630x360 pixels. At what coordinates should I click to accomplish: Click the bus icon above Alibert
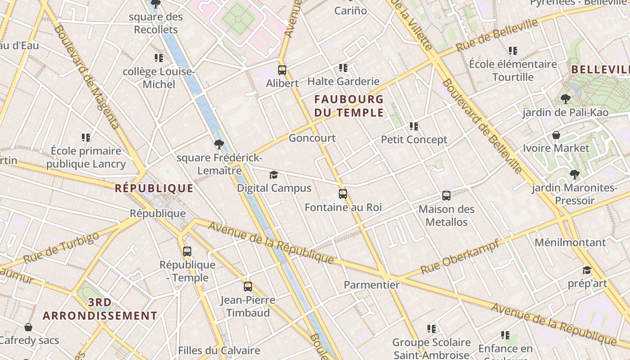coord(282,70)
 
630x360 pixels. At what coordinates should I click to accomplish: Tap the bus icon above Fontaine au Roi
coord(343,194)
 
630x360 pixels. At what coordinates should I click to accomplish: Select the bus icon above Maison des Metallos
coord(446,196)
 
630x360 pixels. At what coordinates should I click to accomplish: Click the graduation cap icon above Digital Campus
coord(274,175)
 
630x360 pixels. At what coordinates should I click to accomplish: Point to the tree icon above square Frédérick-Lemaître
coord(219,144)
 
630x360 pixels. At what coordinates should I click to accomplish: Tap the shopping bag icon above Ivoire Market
coord(556,135)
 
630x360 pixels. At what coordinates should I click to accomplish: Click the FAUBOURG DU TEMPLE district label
coord(349,106)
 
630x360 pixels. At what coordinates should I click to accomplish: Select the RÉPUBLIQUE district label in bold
coord(154,188)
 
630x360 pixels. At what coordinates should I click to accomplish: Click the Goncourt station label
coord(312,138)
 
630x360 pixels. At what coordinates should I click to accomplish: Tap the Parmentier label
coord(372,285)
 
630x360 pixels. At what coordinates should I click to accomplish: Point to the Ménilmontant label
coord(570,243)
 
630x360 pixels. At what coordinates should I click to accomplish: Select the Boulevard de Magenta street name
coord(87,76)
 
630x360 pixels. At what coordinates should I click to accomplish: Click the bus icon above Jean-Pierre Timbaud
coord(248,287)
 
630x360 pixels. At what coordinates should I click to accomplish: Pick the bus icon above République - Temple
coord(187,252)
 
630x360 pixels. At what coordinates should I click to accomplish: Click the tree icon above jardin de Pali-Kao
coord(565,99)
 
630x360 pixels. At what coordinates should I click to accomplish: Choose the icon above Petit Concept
coord(414,126)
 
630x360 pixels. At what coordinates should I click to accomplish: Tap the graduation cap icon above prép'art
coord(587,270)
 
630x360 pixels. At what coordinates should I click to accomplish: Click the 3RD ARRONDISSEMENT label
coord(100,309)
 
